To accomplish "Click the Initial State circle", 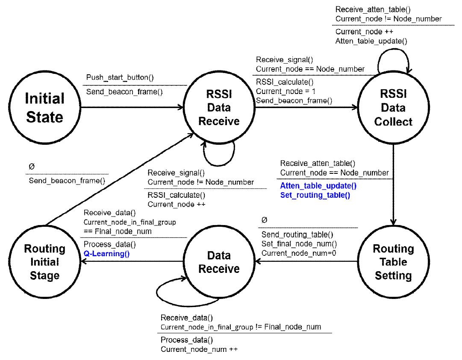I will point(44,108).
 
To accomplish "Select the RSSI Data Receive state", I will point(219,108).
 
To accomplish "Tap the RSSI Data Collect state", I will point(393,108).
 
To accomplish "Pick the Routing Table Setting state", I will point(393,262).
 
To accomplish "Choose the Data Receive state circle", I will point(219,262).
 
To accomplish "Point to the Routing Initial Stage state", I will point(44,262).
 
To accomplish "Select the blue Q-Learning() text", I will point(106,254).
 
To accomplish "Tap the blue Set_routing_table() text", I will point(315,195).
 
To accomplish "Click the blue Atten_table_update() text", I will point(318,186).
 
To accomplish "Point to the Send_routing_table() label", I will point(297,234).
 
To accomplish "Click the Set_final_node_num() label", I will point(299,244).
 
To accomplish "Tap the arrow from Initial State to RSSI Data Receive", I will point(130,108).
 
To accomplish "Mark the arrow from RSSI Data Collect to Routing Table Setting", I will point(393,184).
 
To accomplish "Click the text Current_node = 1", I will point(285,91).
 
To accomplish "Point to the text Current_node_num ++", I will point(199,349).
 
